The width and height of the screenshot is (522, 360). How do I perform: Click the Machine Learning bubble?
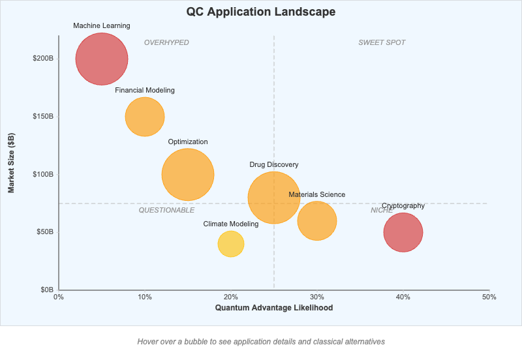click(x=101, y=59)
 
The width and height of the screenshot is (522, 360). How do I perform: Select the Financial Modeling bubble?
click(x=144, y=117)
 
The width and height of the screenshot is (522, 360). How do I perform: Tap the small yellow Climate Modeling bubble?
click(x=230, y=244)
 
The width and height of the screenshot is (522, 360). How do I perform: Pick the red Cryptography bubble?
click(x=403, y=232)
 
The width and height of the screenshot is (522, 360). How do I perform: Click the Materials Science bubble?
click(x=317, y=221)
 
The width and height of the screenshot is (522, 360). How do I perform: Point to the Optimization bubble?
click(x=187, y=175)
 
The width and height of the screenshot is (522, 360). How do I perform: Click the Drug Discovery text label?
click(x=273, y=164)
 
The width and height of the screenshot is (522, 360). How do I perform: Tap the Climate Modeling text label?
click(x=230, y=224)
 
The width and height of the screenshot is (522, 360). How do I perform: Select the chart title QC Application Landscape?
click(x=261, y=12)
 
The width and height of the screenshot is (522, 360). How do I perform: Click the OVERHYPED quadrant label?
click(x=166, y=42)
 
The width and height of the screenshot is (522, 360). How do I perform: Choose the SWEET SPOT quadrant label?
click(x=382, y=42)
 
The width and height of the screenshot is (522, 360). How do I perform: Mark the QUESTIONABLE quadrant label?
click(x=166, y=210)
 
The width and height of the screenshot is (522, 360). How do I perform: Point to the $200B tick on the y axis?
click(x=44, y=59)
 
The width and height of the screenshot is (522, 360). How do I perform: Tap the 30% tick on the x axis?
click(x=317, y=297)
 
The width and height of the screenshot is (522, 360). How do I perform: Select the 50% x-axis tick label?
click(x=489, y=297)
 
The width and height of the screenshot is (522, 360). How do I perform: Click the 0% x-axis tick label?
click(x=59, y=297)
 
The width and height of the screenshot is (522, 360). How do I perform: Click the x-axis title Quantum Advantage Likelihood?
click(x=274, y=308)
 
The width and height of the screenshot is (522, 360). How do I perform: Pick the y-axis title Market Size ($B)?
click(x=11, y=162)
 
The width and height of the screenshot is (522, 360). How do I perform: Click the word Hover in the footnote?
click(x=148, y=341)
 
